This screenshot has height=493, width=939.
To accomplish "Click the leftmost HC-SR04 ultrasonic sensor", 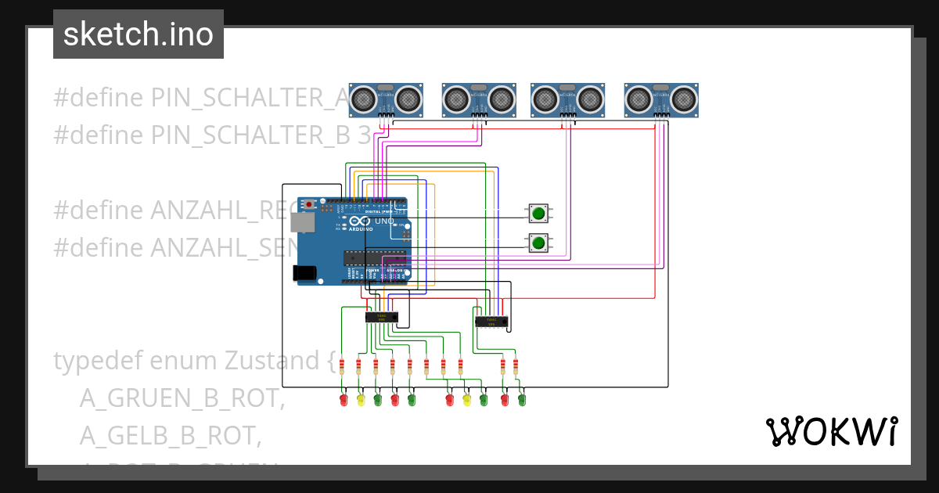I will pyautogui.click(x=386, y=99).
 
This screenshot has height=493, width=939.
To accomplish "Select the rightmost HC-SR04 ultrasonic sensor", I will pyautogui.click(x=661, y=99).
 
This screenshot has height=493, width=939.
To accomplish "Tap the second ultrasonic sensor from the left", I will pyautogui.click(x=480, y=99).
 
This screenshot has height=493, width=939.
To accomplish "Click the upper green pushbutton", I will pyautogui.click(x=538, y=213).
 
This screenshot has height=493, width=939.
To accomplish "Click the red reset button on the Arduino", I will pyautogui.click(x=310, y=205).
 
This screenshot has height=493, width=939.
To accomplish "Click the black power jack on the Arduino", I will pyautogui.click(x=304, y=273).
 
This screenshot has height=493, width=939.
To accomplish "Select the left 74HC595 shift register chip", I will pyautogui.click(x=382, y=317).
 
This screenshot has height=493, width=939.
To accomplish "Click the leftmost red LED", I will pyautogui.click(x=343, y=400).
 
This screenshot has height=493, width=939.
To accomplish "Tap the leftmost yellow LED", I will pyautogui.click(x=361, y=400).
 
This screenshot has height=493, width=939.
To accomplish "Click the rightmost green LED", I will pyautogui.click(x=521, y=400).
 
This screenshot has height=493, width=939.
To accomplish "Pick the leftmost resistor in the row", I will pyautogui.click(x=342, y=365).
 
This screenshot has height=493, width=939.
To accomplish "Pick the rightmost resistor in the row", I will pyautogui.click(x=516, y=365).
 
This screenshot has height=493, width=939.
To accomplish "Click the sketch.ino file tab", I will pyautogui.click(x=139, y=34).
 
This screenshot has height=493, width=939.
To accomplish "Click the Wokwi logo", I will pyautogui.click(x=831, y=431).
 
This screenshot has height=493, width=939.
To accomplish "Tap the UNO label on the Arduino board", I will pyautogui.click(x=384, y=221).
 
